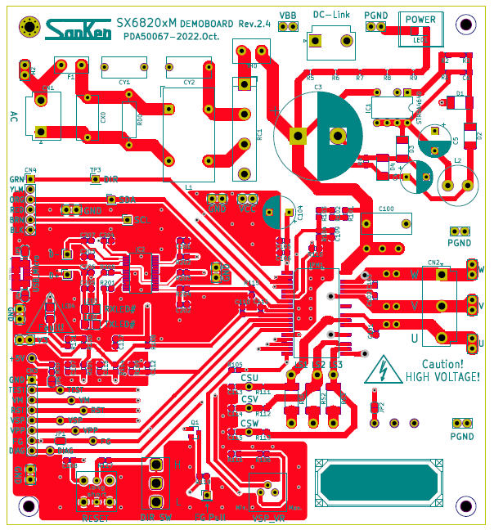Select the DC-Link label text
click(x=331, y=15)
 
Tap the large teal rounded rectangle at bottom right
click(x=382, y=485)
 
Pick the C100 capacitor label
click(x=387, y=210)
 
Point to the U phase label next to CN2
click(x=415, y=337)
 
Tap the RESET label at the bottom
click(x=96, y=518)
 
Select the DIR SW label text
click(x=155, y=518)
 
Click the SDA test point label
click(x=128, y=199)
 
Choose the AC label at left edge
click(x=14, y=116)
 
